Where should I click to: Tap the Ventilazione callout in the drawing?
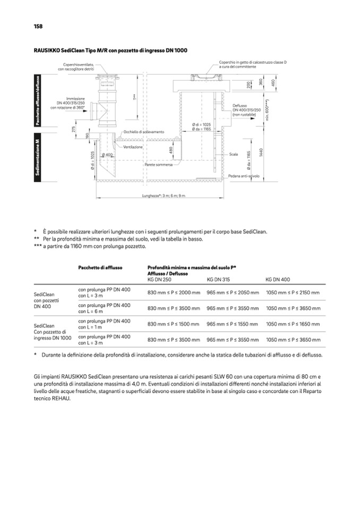pyautogui.click(x=133, y=146)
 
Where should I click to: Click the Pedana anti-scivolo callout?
pyautogui.click(x=244, y=176)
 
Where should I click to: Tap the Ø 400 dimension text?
pyautogui.click(x=107, y=154)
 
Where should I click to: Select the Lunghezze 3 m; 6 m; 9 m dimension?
pyautogui.click(x=164, y=196)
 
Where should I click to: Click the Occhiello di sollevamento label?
pyautogui.click(x=144, y=131)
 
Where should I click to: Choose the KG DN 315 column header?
pyautogui.click(x=219, y=279)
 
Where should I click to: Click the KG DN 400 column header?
pyautogui.click(x=278, y=279)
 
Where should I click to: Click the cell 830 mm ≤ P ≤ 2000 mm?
pyautogui.click(x=174, y=292)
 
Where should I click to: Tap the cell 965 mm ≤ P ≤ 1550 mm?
pyautogui.click(x=233, y=324)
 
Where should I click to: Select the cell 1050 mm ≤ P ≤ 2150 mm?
pyautogui.click(x=293, y=292)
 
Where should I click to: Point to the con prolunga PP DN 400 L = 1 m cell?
pyautogui.click(x=104, y=324)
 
